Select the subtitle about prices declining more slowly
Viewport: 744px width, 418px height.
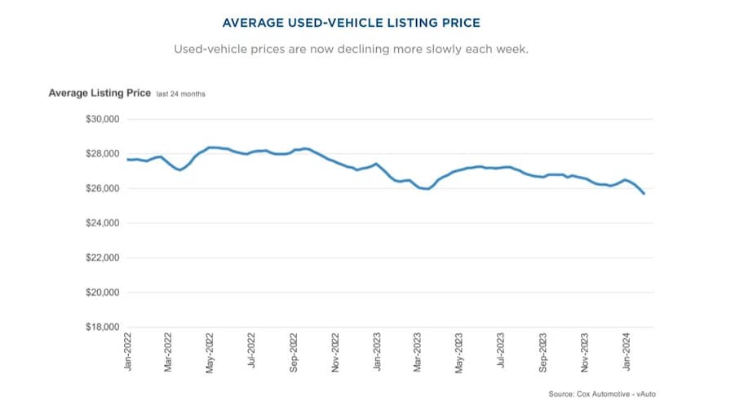coord(351,49)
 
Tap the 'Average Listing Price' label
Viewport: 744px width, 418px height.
coord(100,93)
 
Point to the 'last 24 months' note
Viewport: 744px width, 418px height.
coord(181,95)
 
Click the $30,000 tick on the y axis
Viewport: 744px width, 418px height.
coord(102,119)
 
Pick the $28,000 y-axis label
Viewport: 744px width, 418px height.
coord(102,154)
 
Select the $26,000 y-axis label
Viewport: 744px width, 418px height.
coord(102,188)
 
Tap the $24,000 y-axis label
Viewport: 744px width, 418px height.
coord(102,223)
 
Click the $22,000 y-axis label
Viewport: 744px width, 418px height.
coord(102,257)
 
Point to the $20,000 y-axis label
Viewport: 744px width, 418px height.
coord(102,293)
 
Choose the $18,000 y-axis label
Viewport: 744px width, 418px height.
coord(102,328)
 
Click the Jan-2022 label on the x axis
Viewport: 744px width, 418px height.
coord(127,352)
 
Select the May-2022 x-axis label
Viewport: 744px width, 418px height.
coord(210,352)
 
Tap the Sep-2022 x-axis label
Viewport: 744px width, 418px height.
coord(294,352)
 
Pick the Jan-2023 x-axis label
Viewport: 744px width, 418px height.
coord(377,352)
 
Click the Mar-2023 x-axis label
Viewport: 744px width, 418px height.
coord(418,352)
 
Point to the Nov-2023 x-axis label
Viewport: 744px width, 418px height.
coord(585,352)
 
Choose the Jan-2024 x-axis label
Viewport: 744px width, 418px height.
coord(627,352)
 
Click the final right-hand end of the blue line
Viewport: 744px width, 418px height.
coord(644,193)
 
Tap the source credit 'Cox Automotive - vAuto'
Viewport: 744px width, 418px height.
coord(603,394)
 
